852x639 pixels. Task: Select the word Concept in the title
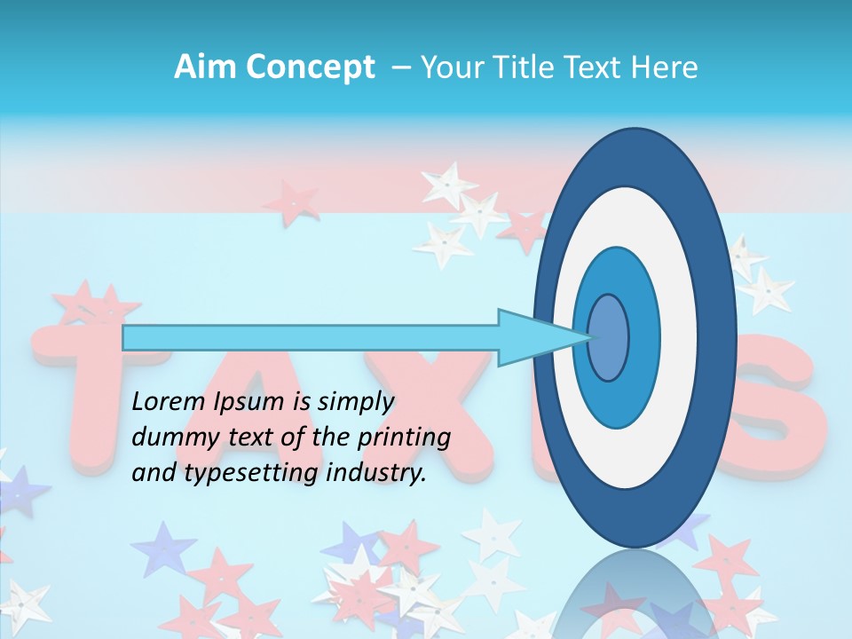point(310,68)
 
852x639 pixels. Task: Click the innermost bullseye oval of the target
point(609,337)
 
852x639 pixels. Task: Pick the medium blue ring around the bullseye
point(644,337)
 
